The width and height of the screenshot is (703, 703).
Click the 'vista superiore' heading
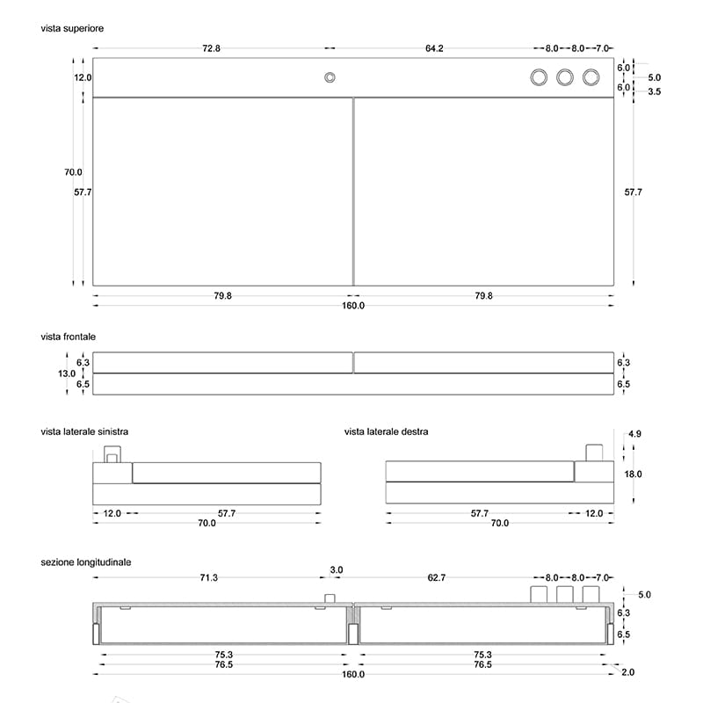click(x=72, y=28)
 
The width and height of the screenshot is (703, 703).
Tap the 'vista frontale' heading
click(x=69, y=337)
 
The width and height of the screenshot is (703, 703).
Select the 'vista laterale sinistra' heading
click(x=84, y=431)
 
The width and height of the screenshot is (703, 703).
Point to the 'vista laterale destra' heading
click(x=386, y=431)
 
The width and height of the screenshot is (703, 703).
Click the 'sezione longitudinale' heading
click(x=86, y=562)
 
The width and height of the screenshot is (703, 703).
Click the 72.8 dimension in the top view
click(x=211, y=48)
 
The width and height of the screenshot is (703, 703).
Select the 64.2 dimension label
click(x=434, y=48)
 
